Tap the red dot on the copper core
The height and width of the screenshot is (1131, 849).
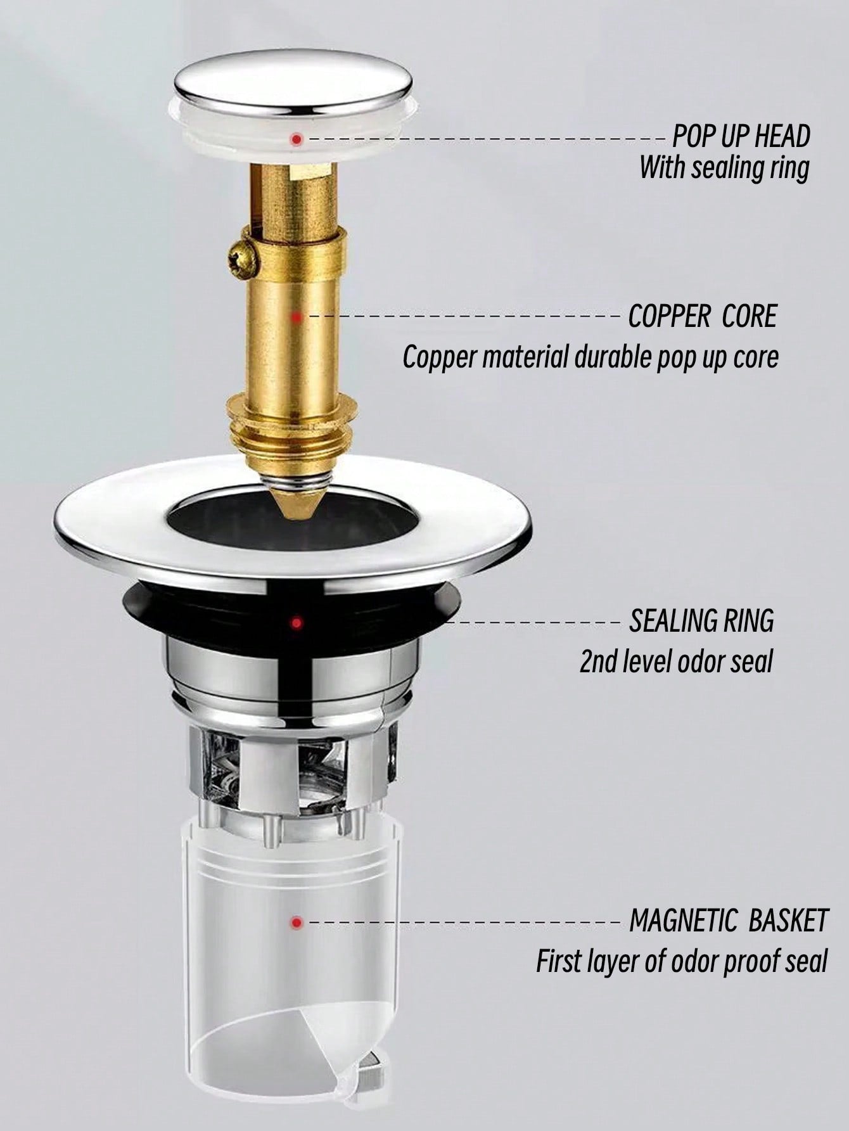297,316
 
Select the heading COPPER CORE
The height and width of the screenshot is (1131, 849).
702,316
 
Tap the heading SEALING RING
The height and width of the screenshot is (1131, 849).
701,620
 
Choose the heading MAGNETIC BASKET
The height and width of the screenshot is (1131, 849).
729,921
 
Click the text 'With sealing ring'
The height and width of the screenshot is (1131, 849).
724,169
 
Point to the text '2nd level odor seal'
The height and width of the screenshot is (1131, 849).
676,661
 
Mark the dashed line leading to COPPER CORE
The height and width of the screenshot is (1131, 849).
464,316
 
